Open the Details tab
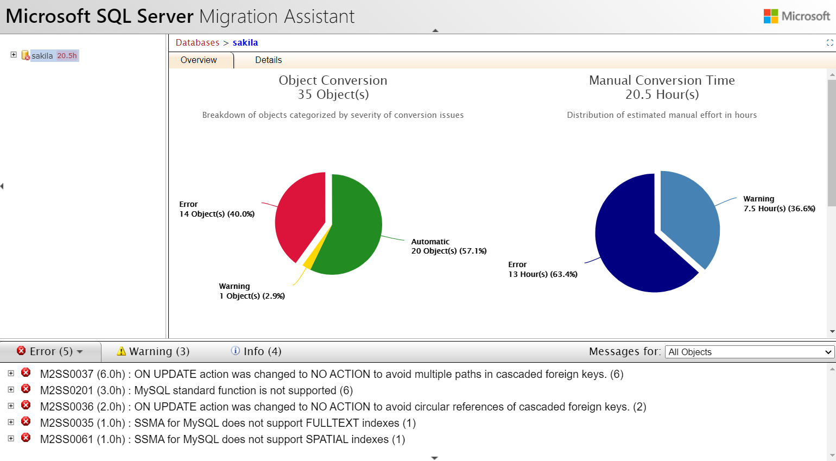(268, 60)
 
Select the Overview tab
(199, 60)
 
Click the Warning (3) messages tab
(154, 351)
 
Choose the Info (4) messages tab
(256, 351)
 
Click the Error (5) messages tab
(50, 351)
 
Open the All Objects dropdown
(749, 352)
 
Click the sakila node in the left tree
(42, 55)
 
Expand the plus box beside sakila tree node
(14, 55)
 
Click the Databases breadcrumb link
(198, 42)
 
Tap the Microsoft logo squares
(770, 16)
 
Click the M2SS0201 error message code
(66, 390)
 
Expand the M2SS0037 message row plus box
(11, 373)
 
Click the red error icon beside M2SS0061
(26, 438)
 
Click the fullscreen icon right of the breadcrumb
(829, 42)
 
